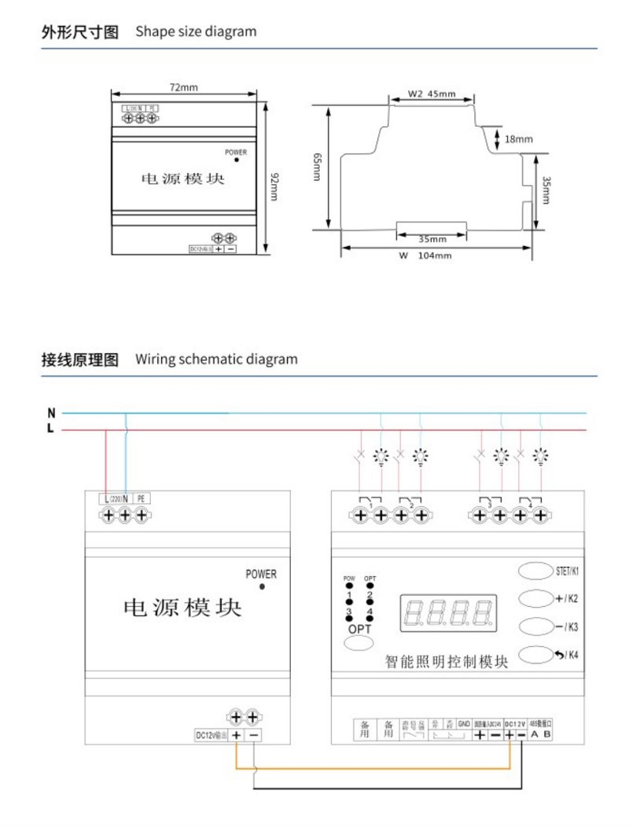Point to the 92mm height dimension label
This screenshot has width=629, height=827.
tap(274, 186)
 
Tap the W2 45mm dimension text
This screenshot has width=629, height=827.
tap(432, 95)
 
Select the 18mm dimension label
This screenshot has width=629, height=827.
tap(518, 139)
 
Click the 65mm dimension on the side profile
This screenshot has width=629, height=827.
tap(318, 167)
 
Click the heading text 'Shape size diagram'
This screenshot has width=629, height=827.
tap(196, 32)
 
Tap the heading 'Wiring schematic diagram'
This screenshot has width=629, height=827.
tap(216, 359)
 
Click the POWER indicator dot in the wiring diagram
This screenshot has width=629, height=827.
tap(262, 586)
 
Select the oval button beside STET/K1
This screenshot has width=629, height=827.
tap(535, 570)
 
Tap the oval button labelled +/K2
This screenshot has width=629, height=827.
tap(535, 599)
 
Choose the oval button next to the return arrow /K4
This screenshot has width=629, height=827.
tap(535, 655)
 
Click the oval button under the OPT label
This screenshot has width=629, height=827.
tap(359, 644)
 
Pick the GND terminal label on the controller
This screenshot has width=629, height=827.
tap(464, 722)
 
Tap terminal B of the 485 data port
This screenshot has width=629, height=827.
tap(548, 735)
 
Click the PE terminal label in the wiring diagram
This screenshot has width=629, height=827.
tap(142, 498)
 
